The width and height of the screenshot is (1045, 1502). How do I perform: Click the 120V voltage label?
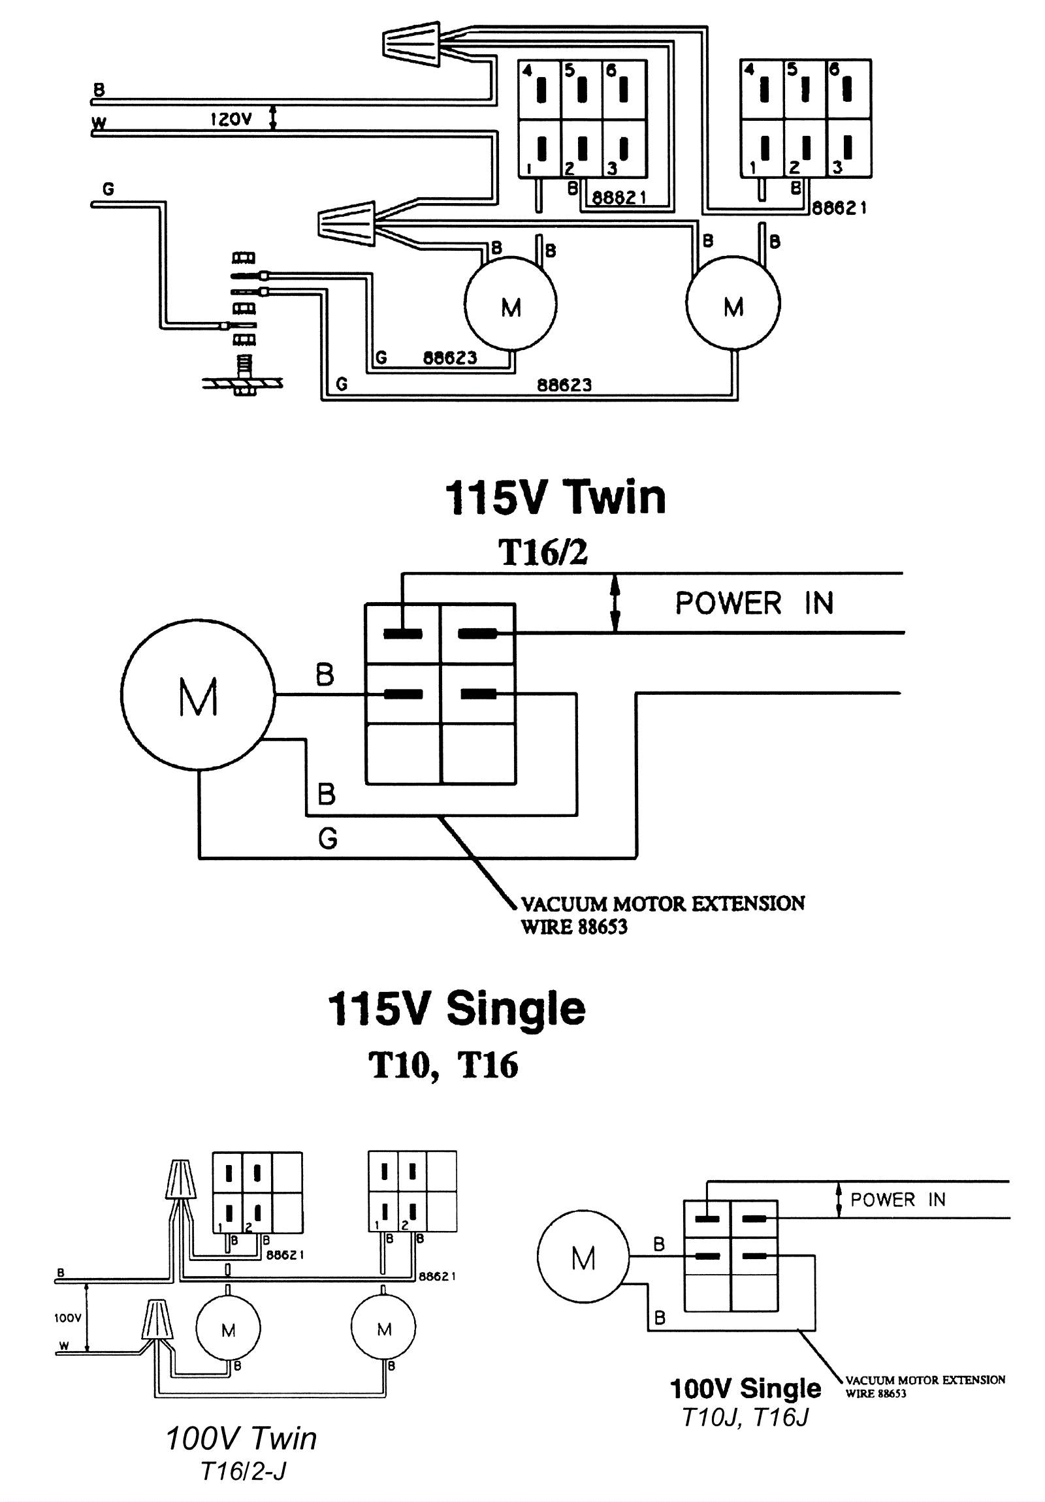coord(231,119)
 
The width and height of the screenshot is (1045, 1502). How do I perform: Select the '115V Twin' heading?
coord(555,498)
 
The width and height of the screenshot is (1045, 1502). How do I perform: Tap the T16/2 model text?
coord(543,552)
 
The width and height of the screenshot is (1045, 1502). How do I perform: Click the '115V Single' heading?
coord(456,1009)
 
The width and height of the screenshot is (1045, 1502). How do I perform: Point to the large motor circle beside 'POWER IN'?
coord(199,695)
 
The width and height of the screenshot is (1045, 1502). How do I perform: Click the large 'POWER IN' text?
coord(754,603)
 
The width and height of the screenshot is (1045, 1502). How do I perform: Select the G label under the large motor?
coord(327,838)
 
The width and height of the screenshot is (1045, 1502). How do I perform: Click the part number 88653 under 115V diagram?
coord(603,927)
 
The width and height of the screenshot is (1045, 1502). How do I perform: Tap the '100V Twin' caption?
coord(241,1439)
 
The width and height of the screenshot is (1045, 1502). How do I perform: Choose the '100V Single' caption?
coord(745,1388)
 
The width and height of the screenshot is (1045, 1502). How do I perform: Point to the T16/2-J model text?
coord(243,1471)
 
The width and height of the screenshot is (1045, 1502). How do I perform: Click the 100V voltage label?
coord(67,1318)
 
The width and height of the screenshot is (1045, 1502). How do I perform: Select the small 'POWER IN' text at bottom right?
coord(898,1200)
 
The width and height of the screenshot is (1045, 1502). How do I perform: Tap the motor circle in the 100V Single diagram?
coord(583,1258)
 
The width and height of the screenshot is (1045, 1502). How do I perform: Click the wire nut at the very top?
coord(411,44)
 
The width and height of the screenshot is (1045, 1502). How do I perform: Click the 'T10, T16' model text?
coord(443,1066)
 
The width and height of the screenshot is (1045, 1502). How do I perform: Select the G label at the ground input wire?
coord(108,189)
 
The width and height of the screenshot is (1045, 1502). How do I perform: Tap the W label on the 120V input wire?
coord(99,123)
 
